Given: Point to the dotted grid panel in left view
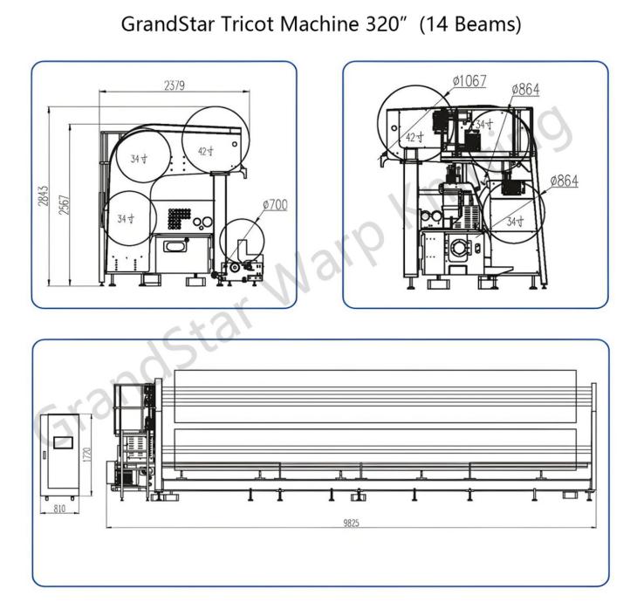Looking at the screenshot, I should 179,217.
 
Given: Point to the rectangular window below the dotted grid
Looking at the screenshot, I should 175,246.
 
